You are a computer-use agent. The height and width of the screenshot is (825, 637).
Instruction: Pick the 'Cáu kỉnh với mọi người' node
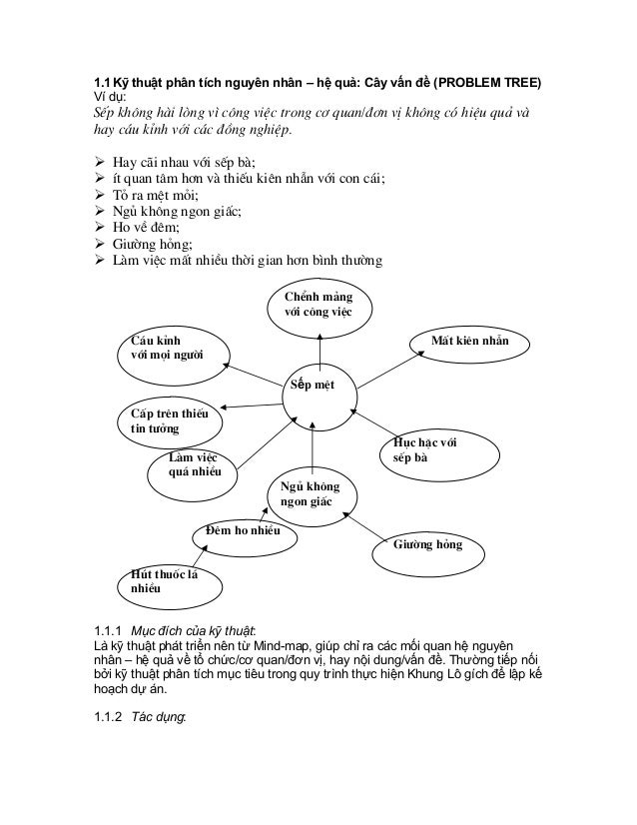click(x=173, y=349)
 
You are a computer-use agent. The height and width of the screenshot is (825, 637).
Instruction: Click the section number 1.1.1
click(x=100, y=630)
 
